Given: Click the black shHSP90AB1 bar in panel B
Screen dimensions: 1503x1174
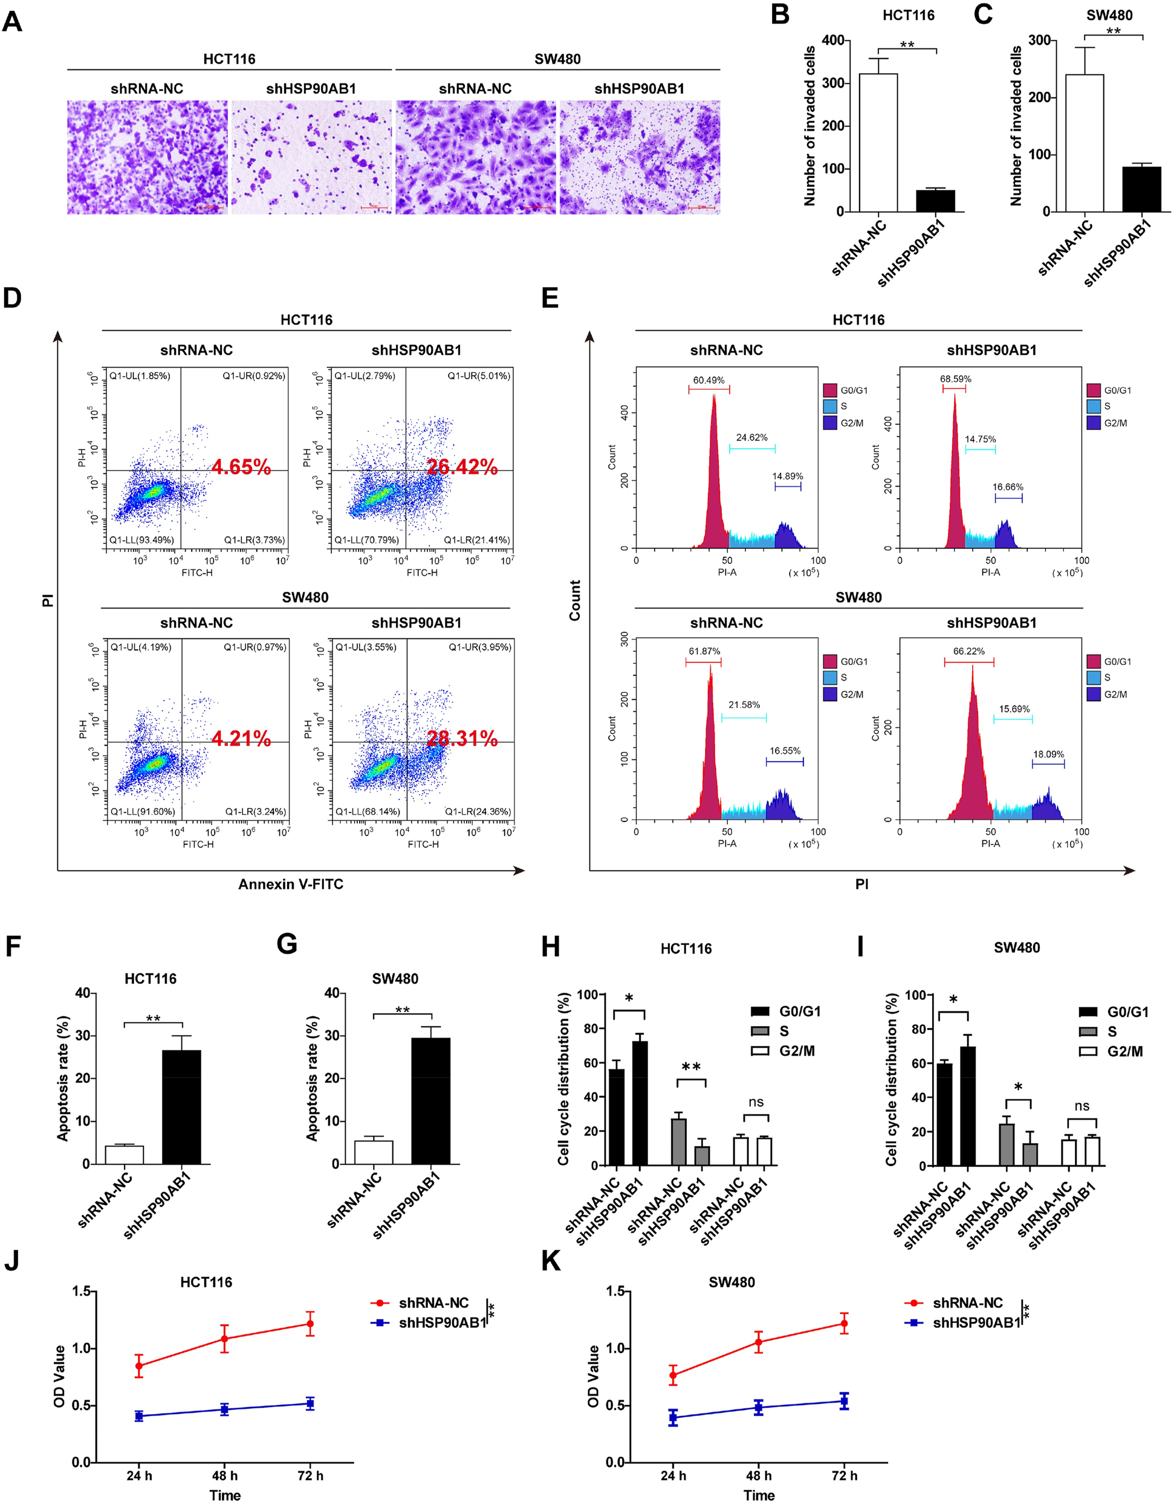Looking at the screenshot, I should (935, 200).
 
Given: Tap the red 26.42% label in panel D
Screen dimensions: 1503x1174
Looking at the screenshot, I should (462, 467).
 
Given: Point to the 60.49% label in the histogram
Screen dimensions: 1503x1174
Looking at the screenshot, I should (708, 380).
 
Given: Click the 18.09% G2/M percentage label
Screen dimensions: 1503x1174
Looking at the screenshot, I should (1048, 755).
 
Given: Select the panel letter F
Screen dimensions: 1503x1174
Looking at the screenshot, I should (12, 946).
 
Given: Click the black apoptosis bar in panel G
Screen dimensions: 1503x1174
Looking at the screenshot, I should (431, 1101).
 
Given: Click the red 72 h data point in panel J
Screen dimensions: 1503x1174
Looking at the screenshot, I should (310, 1323).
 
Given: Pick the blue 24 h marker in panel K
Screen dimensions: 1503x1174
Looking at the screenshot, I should (673, 1417).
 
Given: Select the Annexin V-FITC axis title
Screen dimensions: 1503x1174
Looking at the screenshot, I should (290, 885).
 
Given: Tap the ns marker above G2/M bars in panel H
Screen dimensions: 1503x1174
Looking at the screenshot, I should (756, 1103).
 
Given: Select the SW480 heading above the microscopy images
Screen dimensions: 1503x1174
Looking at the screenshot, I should (557, 59).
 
